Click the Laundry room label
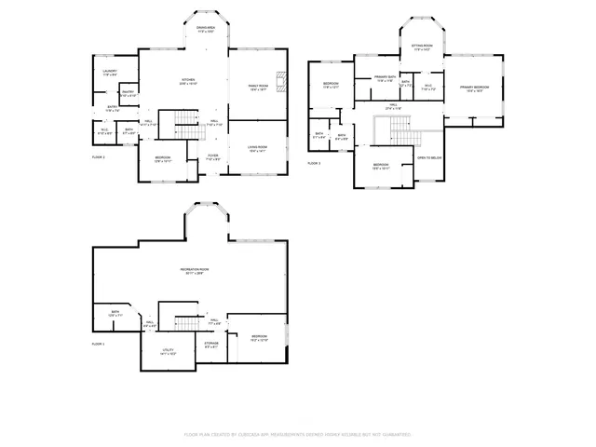[109, 72]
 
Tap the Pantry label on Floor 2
[129, 93]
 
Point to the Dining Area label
[206, 30]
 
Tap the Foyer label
[212, 156]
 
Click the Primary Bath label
[386, 78]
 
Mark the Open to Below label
[429, 158]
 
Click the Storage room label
[212, 345]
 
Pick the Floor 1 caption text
[98, 345]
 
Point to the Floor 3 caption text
[314, 163]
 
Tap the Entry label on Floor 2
[111, 108]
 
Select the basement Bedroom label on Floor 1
[258, 337]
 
